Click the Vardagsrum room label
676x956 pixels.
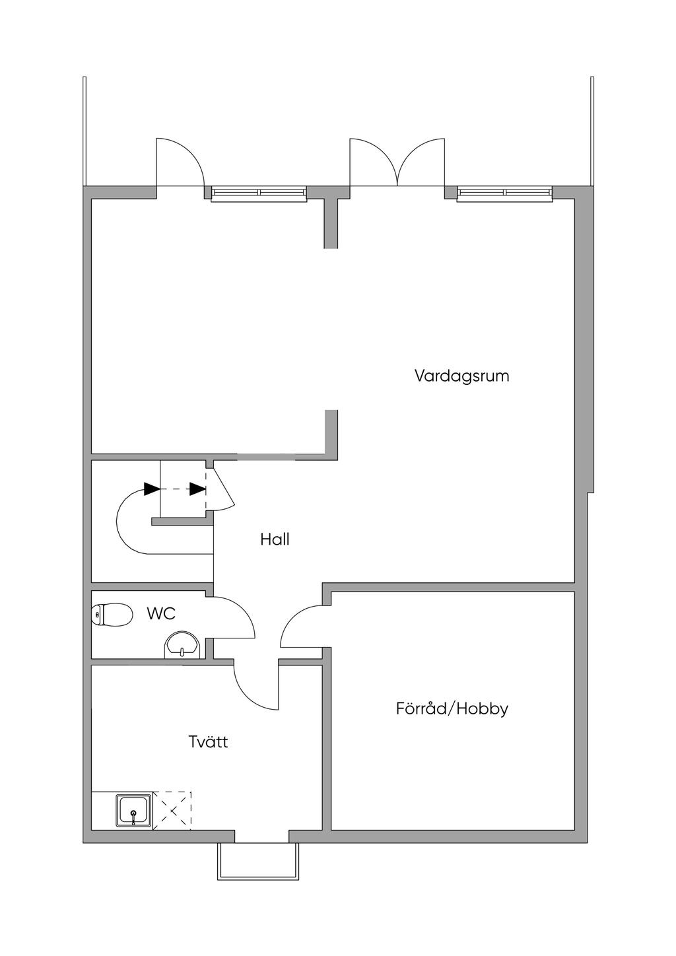(461, 376)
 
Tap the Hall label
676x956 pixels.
(275, 539)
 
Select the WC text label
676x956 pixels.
(161, 613)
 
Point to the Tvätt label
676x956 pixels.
(208, 741)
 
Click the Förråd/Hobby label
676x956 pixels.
(452, 709)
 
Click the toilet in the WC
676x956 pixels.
(110, 615)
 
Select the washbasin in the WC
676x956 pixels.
(181, 645)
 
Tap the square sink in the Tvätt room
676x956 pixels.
(134, 809)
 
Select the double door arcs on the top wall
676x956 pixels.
(397, 162)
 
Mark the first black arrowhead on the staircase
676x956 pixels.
(152, 489)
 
